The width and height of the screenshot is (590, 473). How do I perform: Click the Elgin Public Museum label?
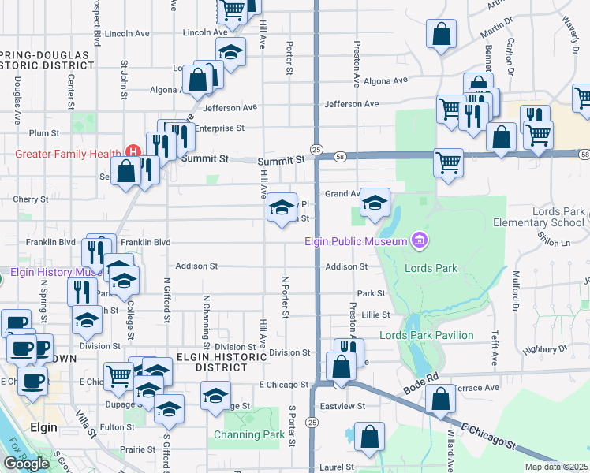356,241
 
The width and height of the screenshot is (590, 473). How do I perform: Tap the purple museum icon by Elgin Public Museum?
420,240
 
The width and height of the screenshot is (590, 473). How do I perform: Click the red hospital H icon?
133,152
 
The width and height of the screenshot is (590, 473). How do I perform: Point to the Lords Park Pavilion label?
426,335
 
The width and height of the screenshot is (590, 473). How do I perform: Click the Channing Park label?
249,434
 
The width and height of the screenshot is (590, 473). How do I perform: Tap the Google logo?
26,464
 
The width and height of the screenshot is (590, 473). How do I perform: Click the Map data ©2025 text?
556,467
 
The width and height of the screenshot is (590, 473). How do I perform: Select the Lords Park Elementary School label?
548,217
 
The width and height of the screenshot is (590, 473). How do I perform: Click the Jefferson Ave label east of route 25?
351,104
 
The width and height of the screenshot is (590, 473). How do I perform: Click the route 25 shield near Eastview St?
313,423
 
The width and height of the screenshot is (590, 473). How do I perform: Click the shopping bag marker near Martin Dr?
441,34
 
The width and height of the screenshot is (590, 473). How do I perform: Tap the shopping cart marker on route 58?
448,163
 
